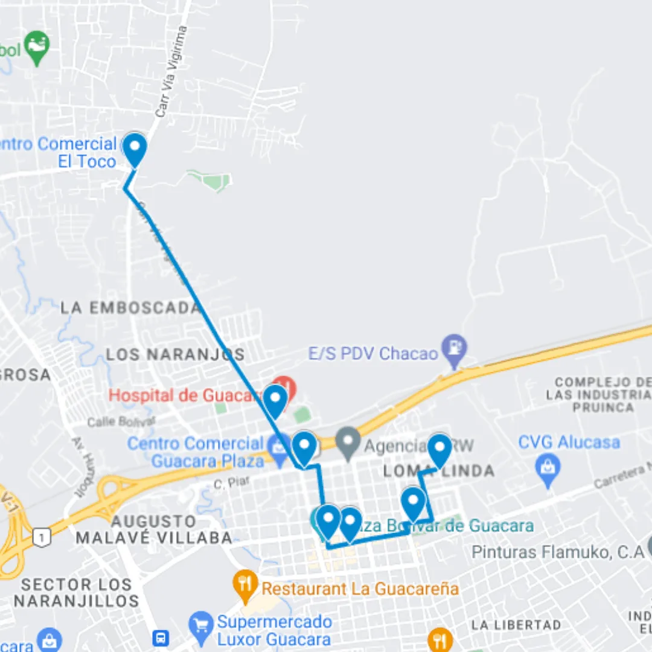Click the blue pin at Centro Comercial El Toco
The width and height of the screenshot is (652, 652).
tap(134, 149)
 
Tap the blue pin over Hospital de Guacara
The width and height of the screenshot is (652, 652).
tap(275, 400)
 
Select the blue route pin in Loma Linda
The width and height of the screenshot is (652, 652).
tap(439, 450)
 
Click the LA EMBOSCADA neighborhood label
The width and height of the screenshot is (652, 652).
tap(130, 308)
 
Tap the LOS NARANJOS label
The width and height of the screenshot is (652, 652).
tap(176, 354)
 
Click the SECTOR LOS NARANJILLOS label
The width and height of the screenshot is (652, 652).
tap(77, 592)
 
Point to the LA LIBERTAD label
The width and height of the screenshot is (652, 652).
tap(516, 625)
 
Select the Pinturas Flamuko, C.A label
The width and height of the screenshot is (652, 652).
tap(558, 552)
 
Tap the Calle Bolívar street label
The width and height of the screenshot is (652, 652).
tap(121, 421)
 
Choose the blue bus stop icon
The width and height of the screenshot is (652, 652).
tap(160, 638)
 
